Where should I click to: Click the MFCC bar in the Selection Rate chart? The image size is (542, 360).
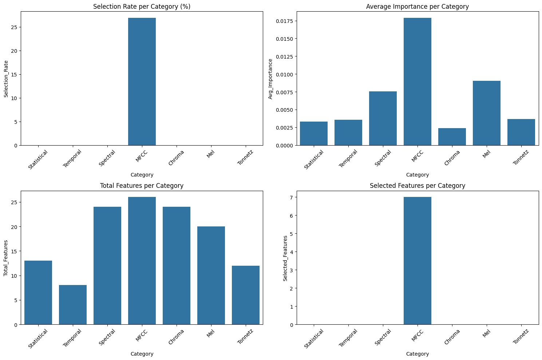tap(142, 82)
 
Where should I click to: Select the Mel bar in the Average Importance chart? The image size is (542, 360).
tap(487, 113)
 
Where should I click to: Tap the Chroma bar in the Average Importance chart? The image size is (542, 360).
tap(452, 137)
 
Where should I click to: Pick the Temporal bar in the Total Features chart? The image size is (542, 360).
tap(73, 305)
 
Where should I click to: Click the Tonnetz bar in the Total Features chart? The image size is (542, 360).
tap(246, 295)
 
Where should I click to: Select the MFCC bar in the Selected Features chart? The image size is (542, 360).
tap(418, 261)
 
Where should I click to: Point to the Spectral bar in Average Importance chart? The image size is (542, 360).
tap(383, 118)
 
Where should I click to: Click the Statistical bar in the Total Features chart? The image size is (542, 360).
tap(38, 293)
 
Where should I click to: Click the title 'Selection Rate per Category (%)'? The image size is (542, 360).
tap(142, 7)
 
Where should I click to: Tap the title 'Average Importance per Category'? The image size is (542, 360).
tap(418, 7)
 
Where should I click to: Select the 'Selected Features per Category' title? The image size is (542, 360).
tap(418, 186)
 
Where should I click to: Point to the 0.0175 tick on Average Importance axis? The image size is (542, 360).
tap(284, 21)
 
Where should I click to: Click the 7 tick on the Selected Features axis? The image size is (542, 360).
tap(291, 197)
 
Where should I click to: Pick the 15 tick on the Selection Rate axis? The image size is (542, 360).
tap(14, 75)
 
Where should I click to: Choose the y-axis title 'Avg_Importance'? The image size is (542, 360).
tap(270, 79)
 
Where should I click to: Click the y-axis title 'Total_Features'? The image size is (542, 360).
tap(5, 258)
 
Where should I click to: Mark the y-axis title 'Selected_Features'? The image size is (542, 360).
tap(285, 258)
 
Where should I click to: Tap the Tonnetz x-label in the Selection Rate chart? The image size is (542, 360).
tap(245, 157)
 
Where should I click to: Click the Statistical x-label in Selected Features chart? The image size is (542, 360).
tap(313, 339)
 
